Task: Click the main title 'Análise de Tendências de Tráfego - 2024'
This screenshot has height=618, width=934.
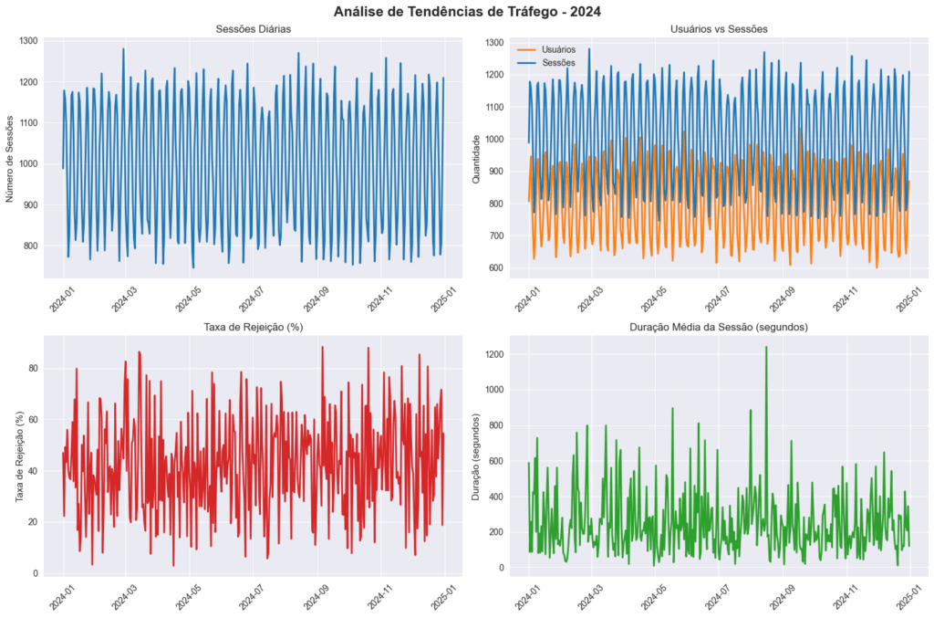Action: coord(467,12)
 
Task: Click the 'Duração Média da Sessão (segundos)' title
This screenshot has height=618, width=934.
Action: coord(718,327)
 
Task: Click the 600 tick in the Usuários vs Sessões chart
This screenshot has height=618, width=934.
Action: coord(495,268)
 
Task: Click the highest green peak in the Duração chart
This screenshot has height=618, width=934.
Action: coord(766,347)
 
